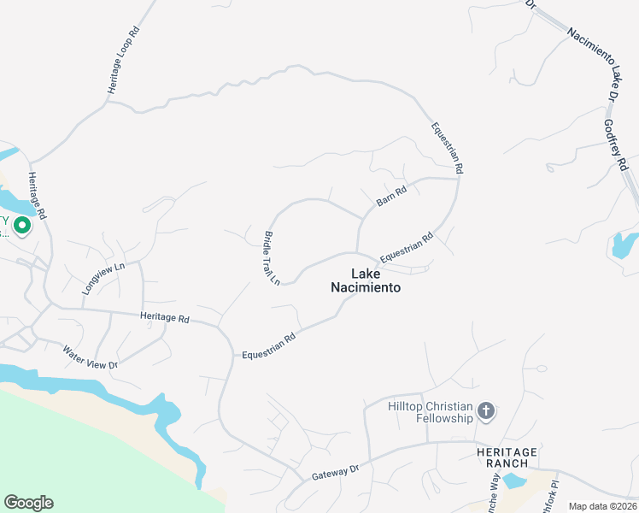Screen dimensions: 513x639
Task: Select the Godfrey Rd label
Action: (x=616, y=144)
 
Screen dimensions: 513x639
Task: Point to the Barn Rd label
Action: (x=391, y=196)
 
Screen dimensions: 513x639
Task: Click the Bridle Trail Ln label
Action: (x=272, y=257)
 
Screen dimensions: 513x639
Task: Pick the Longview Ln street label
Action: (x=103, y=279)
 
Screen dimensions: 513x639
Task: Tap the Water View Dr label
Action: (x=89, y=357)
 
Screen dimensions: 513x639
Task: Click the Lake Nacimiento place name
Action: (x=365, y=280)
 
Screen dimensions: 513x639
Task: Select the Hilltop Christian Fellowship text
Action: (x=431, y=412)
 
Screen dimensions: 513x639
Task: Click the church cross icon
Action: (x=486, y=412)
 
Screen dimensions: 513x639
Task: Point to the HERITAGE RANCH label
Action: (x=507, y=457)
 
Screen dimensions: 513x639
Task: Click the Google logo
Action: (x=28, y=503)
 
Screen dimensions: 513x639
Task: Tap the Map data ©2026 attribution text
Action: (x=602, y=506)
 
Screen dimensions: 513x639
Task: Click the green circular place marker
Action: (x=22, y=226)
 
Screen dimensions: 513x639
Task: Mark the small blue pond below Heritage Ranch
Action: (x=514, y=481)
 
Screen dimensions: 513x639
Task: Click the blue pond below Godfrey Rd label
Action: (x=622, y=245)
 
